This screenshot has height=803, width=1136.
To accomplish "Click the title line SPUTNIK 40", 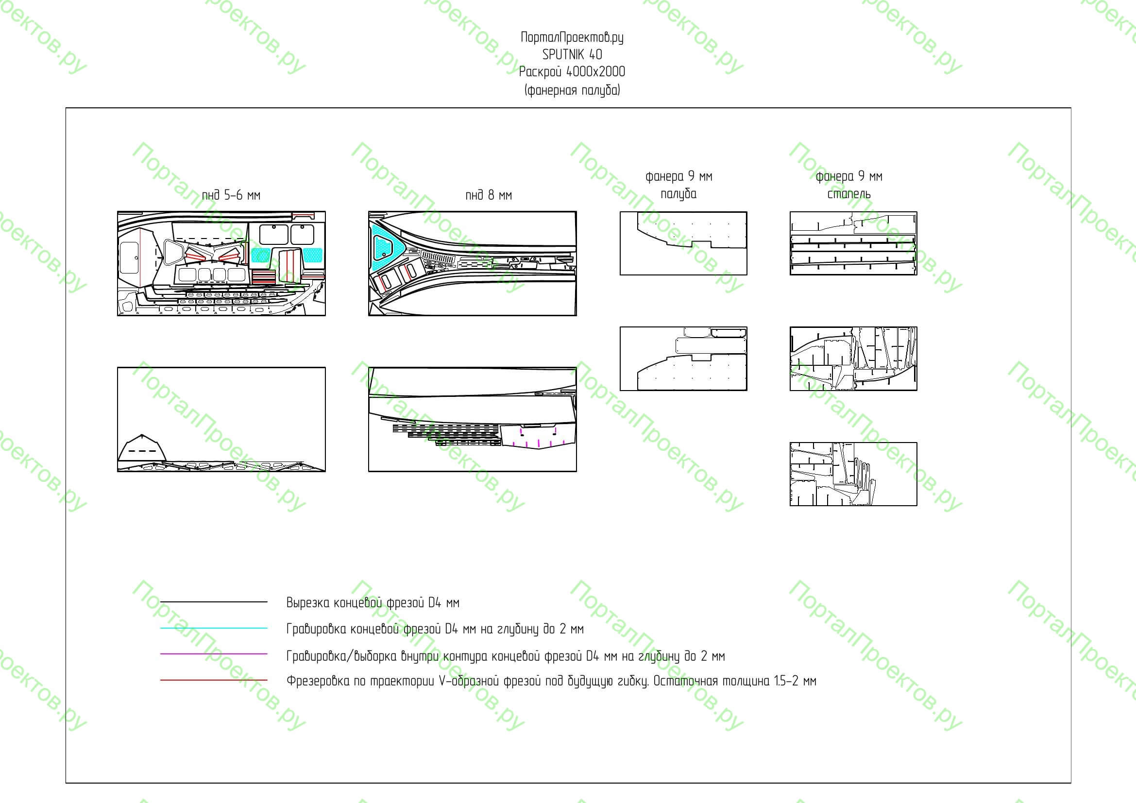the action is (572, 54).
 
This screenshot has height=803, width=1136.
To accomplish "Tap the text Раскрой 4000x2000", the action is (572, 72).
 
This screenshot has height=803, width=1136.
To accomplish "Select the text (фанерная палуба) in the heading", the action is (572, 90).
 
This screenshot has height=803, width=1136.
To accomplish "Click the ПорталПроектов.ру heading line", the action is (572, 37).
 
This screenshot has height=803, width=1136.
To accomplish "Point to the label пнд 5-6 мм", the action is (231, 195).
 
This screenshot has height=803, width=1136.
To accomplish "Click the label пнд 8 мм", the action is (488, 195).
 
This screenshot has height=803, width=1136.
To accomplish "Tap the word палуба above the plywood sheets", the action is (678, 194).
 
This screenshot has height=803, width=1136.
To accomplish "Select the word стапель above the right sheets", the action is (848, 194).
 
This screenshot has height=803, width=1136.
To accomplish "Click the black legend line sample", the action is (214, 601).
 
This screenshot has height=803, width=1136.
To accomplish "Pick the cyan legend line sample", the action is (214, 628).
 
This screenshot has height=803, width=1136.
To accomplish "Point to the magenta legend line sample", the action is (214, 654).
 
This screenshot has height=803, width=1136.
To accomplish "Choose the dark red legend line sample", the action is (214, 680).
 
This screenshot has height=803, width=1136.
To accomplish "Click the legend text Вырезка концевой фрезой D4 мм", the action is (373, 603).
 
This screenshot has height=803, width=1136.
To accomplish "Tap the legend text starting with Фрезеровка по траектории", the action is (551, 681).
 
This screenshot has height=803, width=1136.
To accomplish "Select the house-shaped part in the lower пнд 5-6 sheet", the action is (142, 448).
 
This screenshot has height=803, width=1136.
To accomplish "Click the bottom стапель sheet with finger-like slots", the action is (853, 474).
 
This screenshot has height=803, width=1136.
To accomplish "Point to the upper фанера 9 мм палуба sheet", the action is (683, 243).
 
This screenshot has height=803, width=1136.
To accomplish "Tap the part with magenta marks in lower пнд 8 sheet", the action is (539, 435).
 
